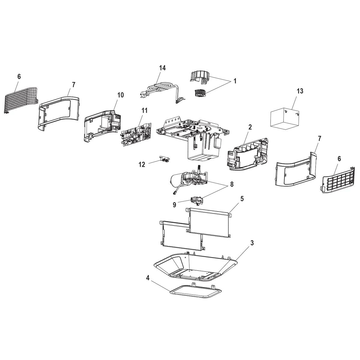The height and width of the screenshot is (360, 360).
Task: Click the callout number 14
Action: [x=162, y=68]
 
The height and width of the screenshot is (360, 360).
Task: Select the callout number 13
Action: [x=300, y=91]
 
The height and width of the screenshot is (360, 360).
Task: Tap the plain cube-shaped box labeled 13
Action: [x=285, y=119]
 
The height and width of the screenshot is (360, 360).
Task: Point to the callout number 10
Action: [x=120, y=95]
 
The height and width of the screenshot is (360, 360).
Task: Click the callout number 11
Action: [x=144, y=110]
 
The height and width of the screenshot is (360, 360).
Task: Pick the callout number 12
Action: [x=142, y=164]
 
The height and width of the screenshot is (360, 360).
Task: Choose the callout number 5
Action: [x=241, y=199]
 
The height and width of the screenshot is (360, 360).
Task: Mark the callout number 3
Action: [x=252, y=243]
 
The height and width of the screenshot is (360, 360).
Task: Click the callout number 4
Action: [x=147, y=278]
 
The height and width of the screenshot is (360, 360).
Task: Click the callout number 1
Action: [x=235, y=81]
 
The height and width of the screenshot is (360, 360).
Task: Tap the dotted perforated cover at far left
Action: [x=22, y=99]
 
